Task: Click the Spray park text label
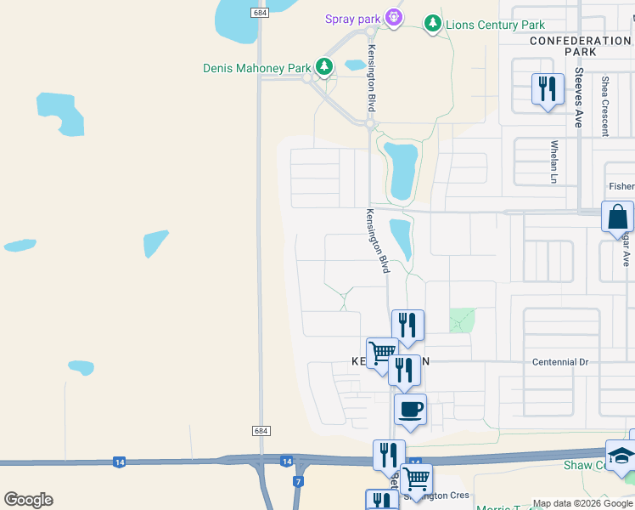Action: (x=353, y=19)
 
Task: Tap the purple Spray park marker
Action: (x=392, y=17)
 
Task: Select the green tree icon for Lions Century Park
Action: (x=433, y=23)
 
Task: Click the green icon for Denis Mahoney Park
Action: (x=323, y=66)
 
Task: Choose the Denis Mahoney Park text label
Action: (x=257, y=68)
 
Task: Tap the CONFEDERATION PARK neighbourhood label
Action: (x=580, y=46)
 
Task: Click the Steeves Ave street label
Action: (x=578, y=98)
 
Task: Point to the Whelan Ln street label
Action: (x=554, y=161)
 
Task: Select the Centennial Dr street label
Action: (x=560, y=362)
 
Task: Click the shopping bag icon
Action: (x=617, y=217)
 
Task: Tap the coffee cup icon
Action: (x=410, y=411)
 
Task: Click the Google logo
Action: (x=28, y=500)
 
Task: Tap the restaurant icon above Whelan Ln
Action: (x=548, y=88)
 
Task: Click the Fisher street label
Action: (x=621, y=187)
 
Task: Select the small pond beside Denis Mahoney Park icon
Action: (x=355, y=65)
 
